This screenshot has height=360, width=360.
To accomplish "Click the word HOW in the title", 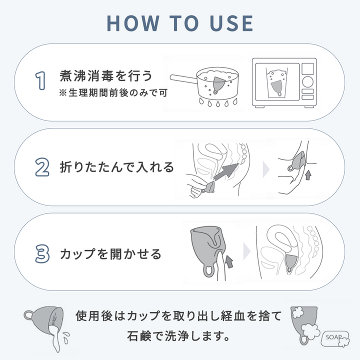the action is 133,23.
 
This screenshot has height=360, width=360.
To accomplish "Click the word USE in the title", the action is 231,23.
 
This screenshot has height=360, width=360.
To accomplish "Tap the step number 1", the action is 40,80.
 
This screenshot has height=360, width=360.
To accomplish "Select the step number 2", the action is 42,167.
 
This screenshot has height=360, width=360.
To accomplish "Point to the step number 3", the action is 42,253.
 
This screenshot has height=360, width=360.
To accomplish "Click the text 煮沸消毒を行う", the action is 106,76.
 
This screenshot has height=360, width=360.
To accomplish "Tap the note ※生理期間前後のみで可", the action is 113,93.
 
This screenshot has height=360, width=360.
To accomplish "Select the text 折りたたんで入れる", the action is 117,167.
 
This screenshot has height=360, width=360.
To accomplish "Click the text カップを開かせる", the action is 110,254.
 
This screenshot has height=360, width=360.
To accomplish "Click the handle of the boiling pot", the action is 183,78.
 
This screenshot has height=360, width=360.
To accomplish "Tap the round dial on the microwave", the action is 307,81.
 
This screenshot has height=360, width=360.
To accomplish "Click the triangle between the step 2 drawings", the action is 266,169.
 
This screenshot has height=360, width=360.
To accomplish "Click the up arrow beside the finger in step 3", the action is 229,261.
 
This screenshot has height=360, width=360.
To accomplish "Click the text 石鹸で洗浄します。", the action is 178,336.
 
